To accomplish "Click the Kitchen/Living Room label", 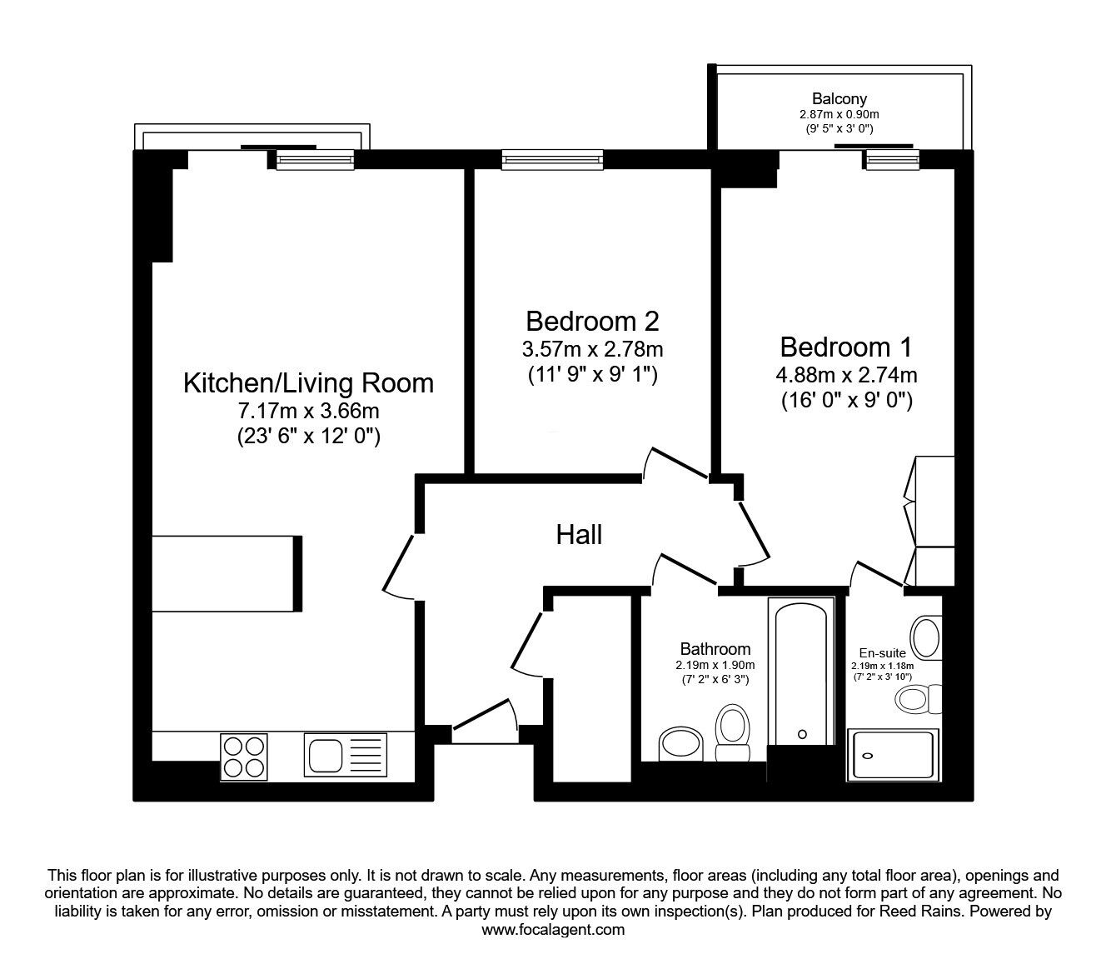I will tap(308, 383).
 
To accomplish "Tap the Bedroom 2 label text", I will tap(592, 321).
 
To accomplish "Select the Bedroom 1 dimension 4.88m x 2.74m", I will tap(846, 375).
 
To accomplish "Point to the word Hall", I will tap(579, 535).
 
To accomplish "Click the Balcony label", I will tap(839, 99).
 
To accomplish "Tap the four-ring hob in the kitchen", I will tap(244, 755).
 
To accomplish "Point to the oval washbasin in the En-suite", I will tap(926, 637).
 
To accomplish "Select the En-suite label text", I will tap(882, 654).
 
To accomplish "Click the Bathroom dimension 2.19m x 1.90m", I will tap(715, 665).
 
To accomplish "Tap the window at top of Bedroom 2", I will tap(552, 158).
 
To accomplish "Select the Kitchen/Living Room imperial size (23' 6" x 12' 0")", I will tap(308, 437).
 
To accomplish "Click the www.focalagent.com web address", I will tap(553, 930).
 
